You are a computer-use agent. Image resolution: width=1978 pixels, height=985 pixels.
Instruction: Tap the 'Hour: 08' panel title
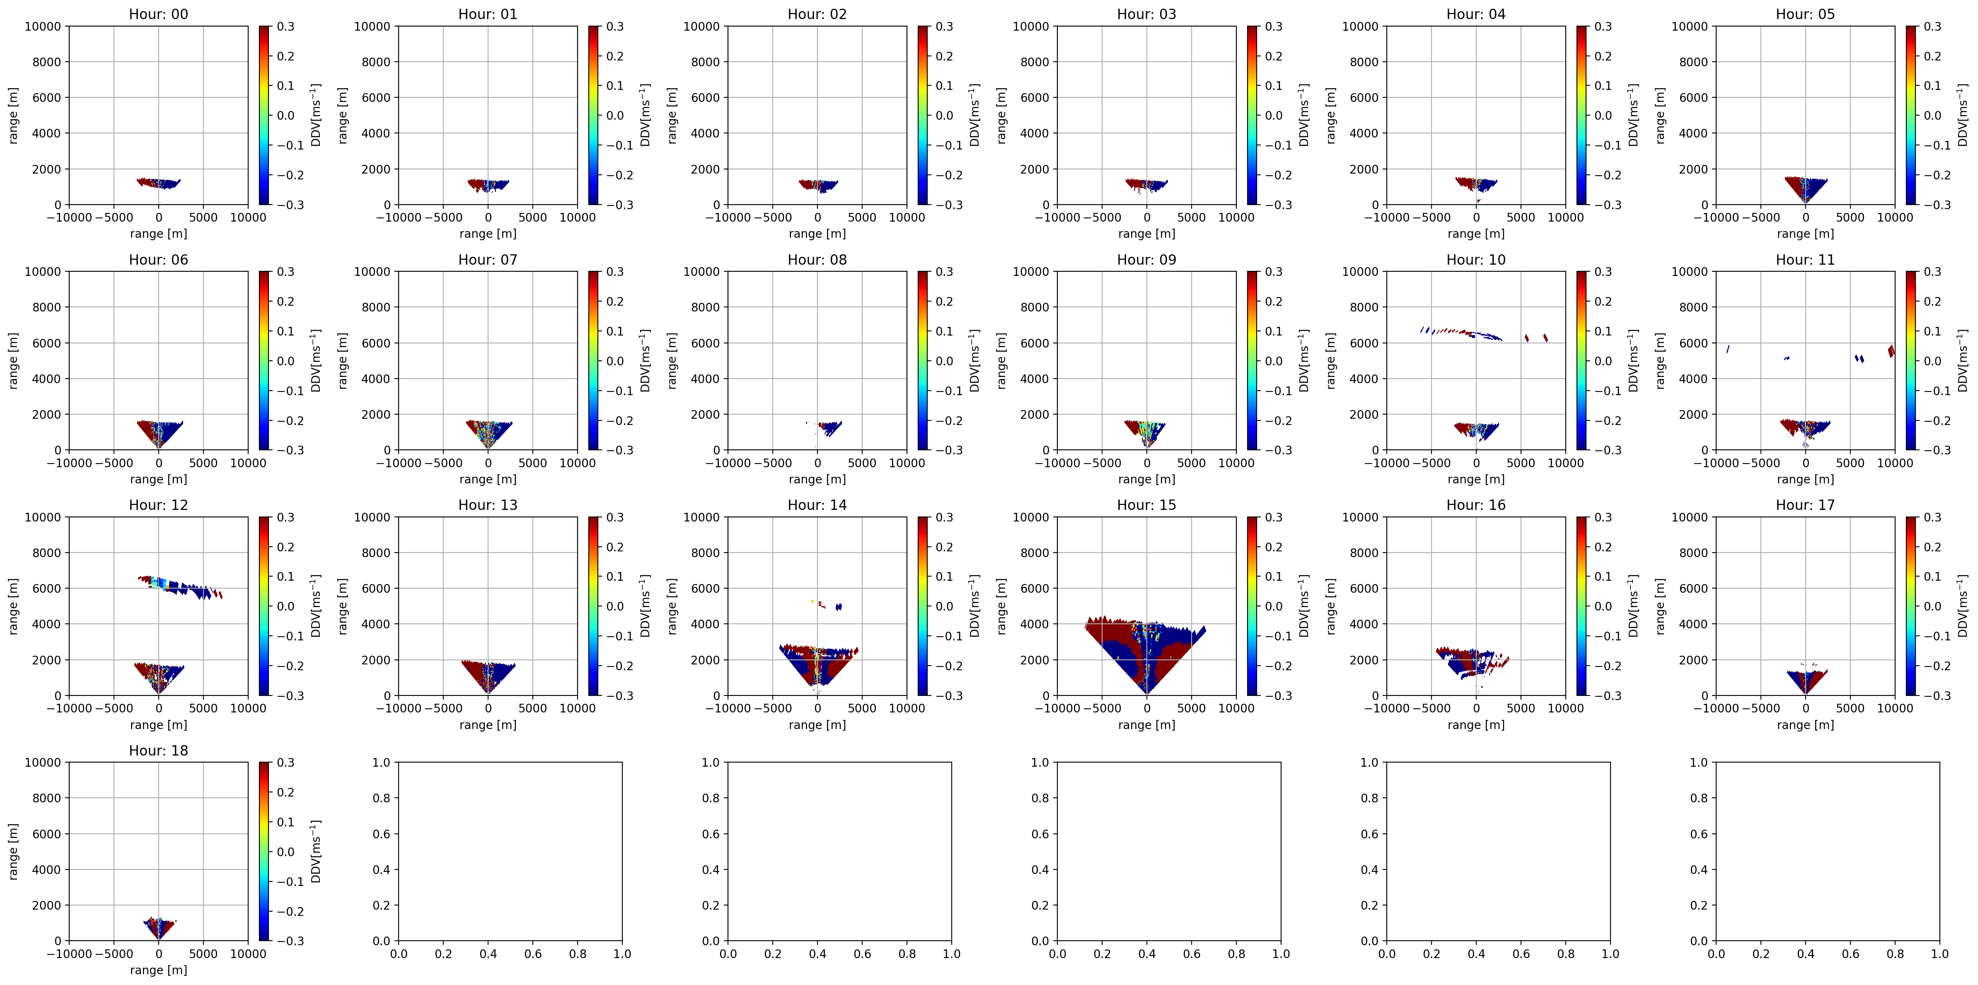tap(817, 259)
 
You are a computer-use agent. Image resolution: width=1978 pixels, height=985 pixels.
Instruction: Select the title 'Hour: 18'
tap(158, 750)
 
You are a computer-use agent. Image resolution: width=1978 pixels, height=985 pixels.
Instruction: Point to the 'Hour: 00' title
tap(158, 14)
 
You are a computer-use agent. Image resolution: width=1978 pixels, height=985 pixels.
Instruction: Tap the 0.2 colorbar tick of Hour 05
tap(1932, 56)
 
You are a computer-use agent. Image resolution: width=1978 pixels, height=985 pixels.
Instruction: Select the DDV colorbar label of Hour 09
tap(1304, 361)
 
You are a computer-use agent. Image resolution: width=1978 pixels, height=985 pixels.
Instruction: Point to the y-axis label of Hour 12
tap(13, 606)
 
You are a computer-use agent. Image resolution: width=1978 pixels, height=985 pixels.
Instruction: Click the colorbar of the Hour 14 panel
tap(923, 606)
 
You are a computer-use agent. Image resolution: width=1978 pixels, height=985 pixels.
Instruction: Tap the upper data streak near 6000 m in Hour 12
tap(178, 587)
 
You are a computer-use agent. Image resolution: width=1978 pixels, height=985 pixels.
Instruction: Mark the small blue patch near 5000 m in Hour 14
tap(839, 606)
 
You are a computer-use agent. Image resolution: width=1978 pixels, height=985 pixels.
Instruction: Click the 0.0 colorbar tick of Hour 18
tap(285, 851)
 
